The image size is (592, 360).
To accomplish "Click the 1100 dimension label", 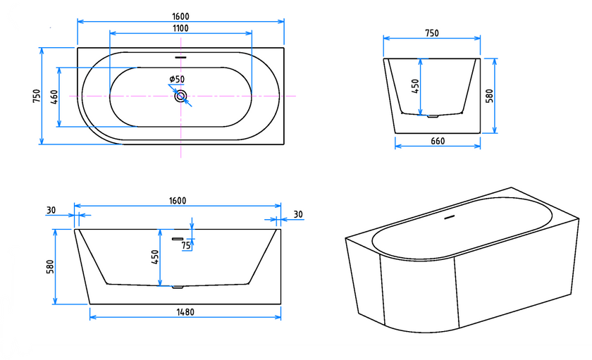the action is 180,28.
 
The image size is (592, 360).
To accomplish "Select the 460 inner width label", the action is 54,97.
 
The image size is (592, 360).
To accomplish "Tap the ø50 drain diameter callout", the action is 177,79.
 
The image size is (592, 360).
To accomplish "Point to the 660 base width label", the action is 438,141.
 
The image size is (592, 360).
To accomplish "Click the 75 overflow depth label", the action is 186,246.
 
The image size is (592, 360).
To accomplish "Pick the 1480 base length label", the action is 185,312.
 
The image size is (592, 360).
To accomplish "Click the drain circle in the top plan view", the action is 180,97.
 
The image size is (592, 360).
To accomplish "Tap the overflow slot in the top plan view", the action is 181,57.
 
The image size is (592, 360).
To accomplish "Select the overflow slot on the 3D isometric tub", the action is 450,218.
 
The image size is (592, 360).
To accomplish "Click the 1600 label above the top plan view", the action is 180,17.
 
